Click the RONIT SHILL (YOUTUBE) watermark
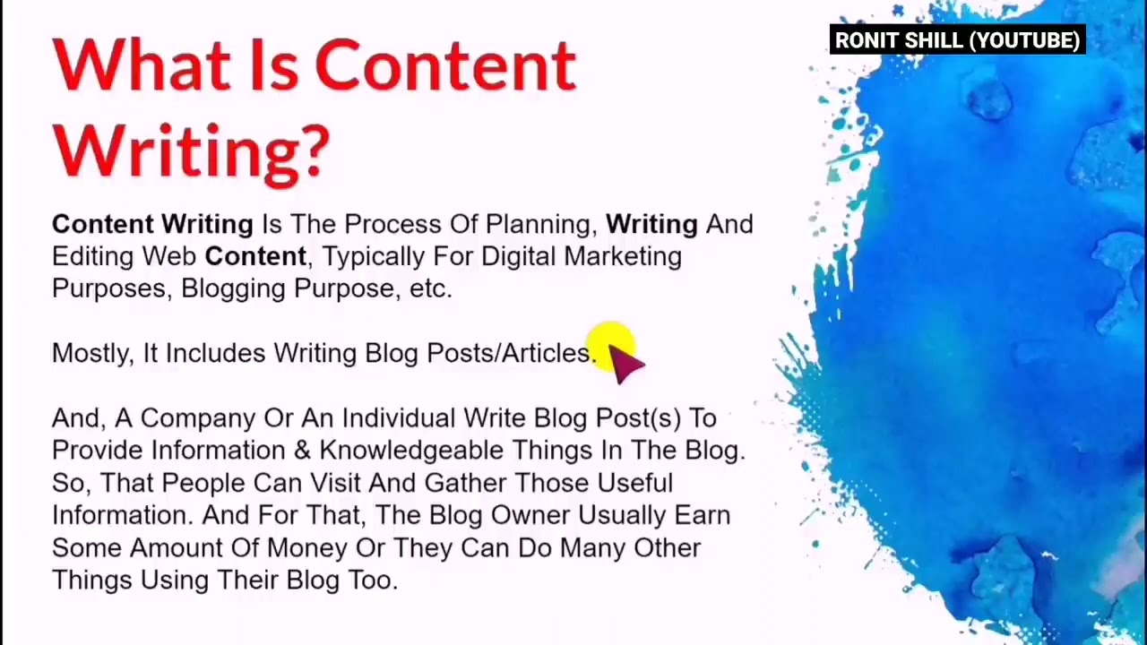pyautogui.click(x=957, y=40)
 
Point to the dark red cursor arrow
pyautogui.click(x=625, y=362)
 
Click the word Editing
pyautogui.click(x=92, y=257)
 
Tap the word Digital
pyautogui.click(x=518, y=257)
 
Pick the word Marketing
pyautogui.click(x=623, y=257)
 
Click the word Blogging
pyautogui.click(x=233, y=289)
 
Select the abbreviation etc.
pyautogui.click(x=430, y=289)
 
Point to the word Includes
pyautogui.click(x=215, y=354)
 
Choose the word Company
pyautogui.click(x=198, y=418)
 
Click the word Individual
pyautogui.click(x=399, y=418)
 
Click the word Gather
pyautogui.click(x=465, y=484)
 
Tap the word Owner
pyautogui.click(x=530, y=516)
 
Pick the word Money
pyautogui.click(x=306, y=548)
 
